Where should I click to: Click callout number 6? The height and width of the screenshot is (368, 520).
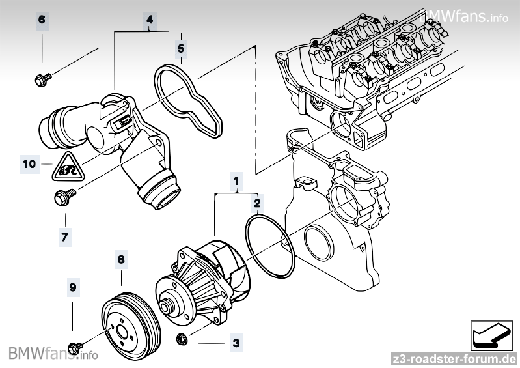pyautogui.click(x=42, y=19)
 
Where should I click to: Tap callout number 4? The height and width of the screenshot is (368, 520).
pyautogui.click(x=150, y=20)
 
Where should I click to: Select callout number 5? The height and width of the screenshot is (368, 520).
pyautogui.click(x=181, y=47)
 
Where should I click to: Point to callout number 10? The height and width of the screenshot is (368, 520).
pyautogui.click(x=29, y=163)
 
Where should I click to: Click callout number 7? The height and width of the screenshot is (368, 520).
pyautogui.click(x=64, y=237)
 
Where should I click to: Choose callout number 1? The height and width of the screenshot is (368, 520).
pyautogui.click(x=237, y=178)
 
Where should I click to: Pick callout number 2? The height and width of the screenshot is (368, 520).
pyautogui.click(x=258, y=204)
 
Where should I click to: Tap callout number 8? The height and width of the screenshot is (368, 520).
pyautogui.click(x=120, y=259)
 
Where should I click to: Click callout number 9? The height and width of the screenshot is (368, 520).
pyautogui.click(x=73, y=285)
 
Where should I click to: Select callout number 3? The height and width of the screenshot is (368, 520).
pyautogui.click(x=236, y=341)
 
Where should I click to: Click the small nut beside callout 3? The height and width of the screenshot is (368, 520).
pyautogui.click(x=182, y=338)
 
